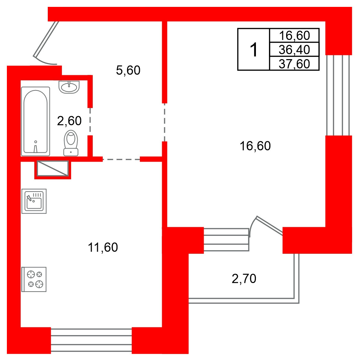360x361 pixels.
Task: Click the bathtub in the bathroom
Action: (35, 121)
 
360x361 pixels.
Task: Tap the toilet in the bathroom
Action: (71, 143)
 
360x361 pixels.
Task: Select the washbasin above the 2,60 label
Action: (69, 87)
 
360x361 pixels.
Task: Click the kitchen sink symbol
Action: (34, 201)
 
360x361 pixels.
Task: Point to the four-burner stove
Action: (34, 279)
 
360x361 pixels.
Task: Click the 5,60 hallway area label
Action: (128, 70)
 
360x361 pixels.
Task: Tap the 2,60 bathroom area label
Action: (69, 121)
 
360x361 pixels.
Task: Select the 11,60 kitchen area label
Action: (103, 247)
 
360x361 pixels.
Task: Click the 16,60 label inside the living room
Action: (255, 146)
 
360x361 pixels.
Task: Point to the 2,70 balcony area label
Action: (244, 278)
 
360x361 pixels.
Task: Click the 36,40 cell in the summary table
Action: (294, 50)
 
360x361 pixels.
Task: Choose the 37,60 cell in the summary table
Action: (294, 64)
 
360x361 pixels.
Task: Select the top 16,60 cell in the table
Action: (294, 35)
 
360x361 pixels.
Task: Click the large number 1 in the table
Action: (254, 50)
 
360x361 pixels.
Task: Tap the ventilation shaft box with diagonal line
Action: (53, 169)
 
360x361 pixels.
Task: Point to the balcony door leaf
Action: (269, 226)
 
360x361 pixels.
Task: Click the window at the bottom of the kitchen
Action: (91, 340)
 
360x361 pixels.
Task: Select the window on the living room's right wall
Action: (338, 95)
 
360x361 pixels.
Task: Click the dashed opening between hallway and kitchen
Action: (121, 159)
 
